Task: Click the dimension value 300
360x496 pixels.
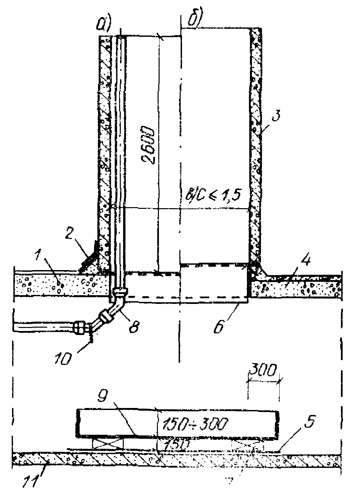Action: pyautogui.click(x=263, y=371)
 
